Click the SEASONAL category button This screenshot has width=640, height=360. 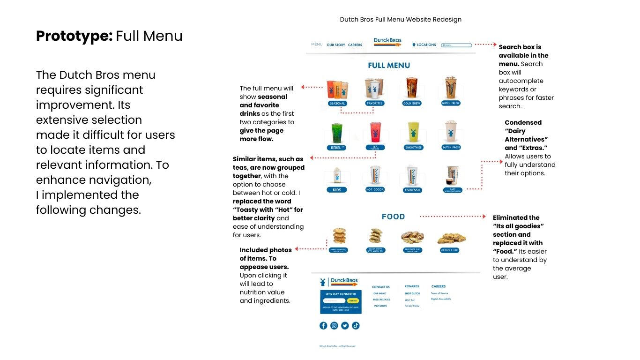pyautogui.click(x=337, y=103)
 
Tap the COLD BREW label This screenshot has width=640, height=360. pyautogui.click(x=412, y=103)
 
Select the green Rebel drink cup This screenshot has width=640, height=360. pyautogui.click(x=337, y=133)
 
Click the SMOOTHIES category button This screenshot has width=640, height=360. pyautogui.click(x=413, y=147)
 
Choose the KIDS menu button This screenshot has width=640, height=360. pyautogui.click(x=337, y=190)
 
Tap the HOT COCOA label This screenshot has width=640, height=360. pyautogui.click(x=375, y=190)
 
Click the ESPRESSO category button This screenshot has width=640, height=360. pyautogui.click(x=412, y=190)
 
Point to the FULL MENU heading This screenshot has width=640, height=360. pyautogui.click(x=389, y=66)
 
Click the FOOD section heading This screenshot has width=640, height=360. pyautogui.click(x=393, y=217)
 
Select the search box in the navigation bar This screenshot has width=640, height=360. pyautogui.click(x=457, y=45)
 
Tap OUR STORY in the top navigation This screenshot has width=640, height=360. pyautogui.click(x=336, y=45)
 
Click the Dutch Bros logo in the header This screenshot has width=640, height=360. pyautogui.click(x=387, y=42)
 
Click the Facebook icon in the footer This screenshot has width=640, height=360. pyautogui.click(x=323, y=325)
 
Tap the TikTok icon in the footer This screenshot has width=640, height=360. pyautogui.click(x=356, y=325)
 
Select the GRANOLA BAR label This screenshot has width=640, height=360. pyautogui.click(x=450, y=250)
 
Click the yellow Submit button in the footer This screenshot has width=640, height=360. pyautogui.click(x=353, y=300)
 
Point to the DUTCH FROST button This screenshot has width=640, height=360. pyautogui.click(x=452, y=147)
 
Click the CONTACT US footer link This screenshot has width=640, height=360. pyautogui.click(x=381, y=287)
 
